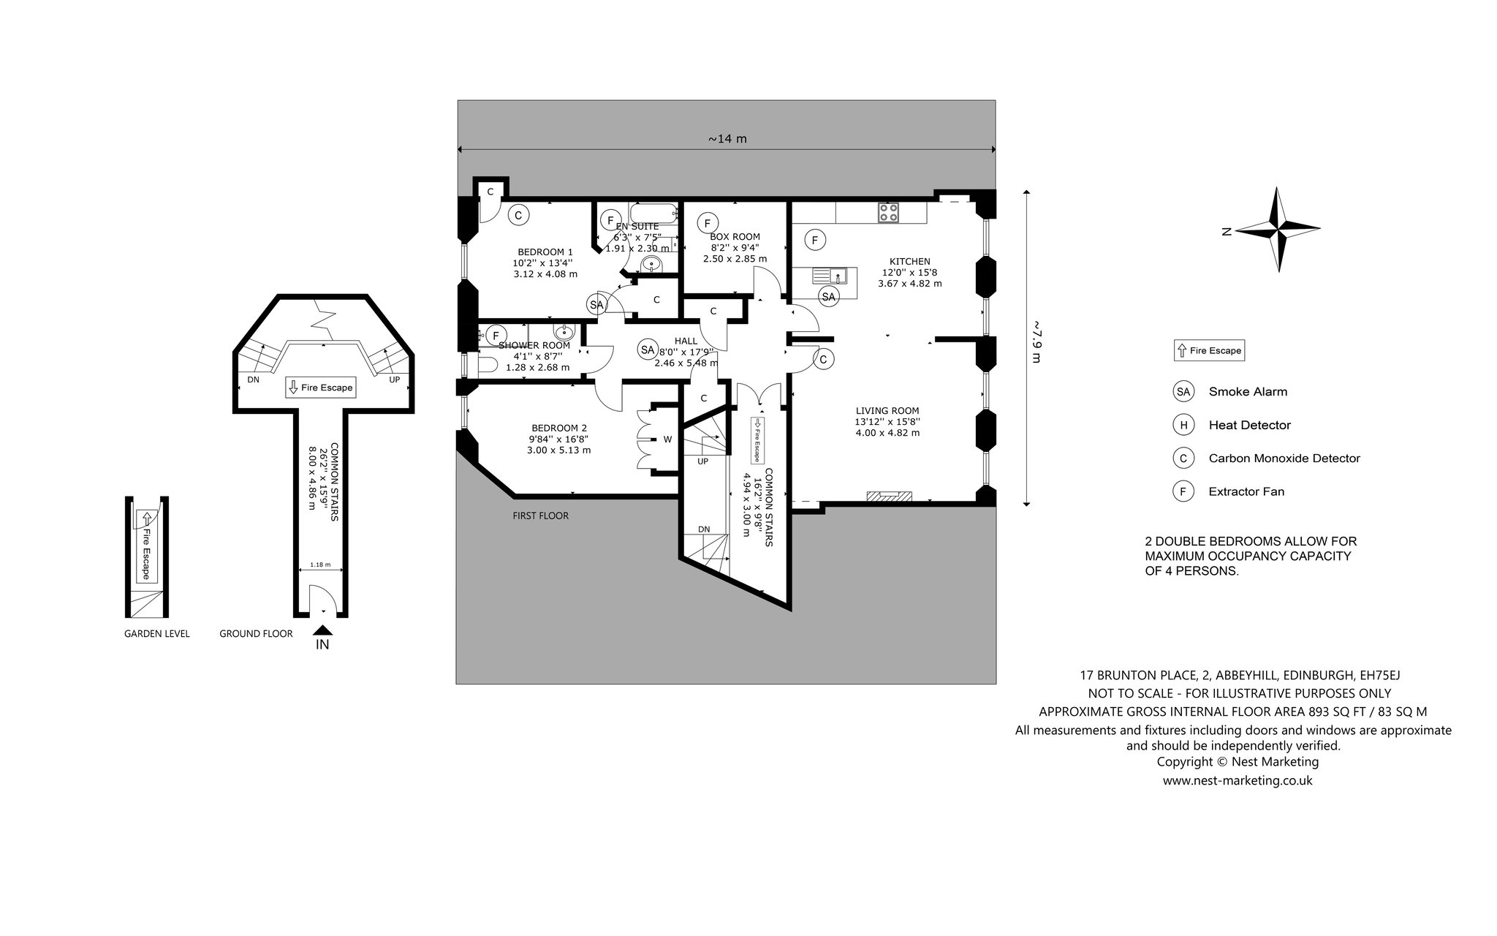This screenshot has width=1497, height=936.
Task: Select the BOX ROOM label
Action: [x=735, y=237]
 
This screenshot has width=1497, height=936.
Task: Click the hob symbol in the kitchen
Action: [x=889, y=213]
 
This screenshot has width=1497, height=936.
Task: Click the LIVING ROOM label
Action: [x=887, y=411]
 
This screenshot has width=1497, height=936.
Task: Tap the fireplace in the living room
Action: [x=890, y=497]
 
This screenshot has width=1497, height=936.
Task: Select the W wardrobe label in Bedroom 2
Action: [x=667, y=439]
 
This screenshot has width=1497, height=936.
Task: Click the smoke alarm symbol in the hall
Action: [x=647, y=350]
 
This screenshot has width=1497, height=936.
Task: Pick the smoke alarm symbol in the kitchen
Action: [x=828, y=296]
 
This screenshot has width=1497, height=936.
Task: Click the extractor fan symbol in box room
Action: [x=707, y=222]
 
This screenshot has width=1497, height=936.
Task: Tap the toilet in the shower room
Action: [x=485, y=366]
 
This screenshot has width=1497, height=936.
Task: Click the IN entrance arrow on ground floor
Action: [x=322, y=630]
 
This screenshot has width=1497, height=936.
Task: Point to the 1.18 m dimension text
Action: [x=321, y=565]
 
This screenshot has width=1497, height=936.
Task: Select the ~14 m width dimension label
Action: [x=727, y=139]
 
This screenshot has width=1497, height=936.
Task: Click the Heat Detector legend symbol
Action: [x=1183, y=425]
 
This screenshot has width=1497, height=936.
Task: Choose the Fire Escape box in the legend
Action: [x=1209, y=350]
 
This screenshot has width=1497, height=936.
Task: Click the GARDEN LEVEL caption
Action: [x=157, y=634]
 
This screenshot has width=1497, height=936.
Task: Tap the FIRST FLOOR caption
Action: [x=541, y=516]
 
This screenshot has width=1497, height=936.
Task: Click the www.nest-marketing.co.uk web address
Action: [x=1238, y=780]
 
